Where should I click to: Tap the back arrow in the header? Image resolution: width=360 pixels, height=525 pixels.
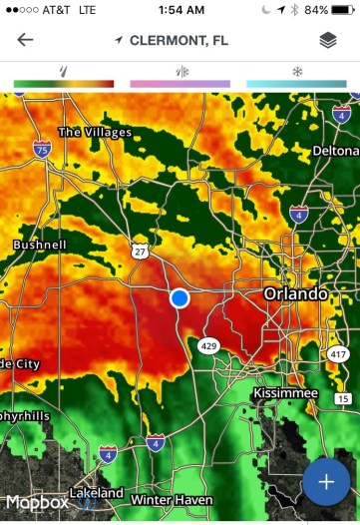(25, 40)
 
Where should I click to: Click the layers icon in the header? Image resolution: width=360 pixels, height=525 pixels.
(327, 40)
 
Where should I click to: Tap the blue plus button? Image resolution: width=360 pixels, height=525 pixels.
(326, 482)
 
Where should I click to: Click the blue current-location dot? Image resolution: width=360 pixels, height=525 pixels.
(180, 298)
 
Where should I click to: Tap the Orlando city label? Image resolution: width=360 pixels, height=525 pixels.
(295, 294)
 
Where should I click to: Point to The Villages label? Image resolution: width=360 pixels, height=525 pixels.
(95, 132)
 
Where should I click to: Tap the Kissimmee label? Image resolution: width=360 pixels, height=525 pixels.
(285, 394)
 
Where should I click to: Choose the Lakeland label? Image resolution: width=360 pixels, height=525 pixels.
(97, 493)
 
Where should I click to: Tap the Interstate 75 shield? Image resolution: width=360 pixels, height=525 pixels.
(41, 150)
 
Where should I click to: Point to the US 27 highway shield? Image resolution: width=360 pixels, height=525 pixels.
(139, 252)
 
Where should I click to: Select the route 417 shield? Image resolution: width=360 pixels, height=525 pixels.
(337, 354)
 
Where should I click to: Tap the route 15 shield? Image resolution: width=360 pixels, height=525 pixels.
(343, 399)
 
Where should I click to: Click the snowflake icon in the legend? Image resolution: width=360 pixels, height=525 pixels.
(296, 72)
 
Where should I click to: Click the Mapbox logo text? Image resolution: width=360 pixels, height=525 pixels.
(36, 502)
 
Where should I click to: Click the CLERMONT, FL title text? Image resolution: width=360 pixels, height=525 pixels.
(180, 40)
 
